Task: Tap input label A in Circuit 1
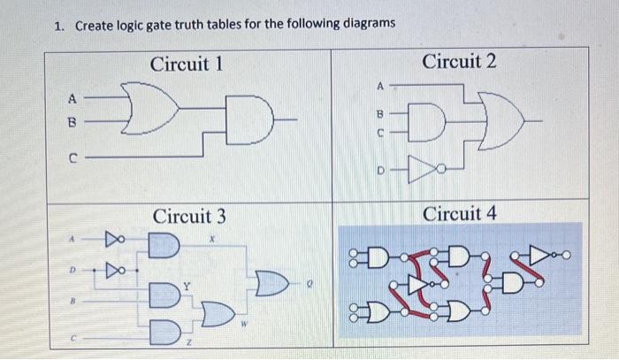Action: point(75,98)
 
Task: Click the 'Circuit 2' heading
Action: point(459,61)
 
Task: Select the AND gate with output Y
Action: point(164,293)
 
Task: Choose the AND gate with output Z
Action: point(164,330)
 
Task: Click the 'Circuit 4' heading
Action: point(459,213)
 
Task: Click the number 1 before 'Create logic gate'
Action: point(57,25)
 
